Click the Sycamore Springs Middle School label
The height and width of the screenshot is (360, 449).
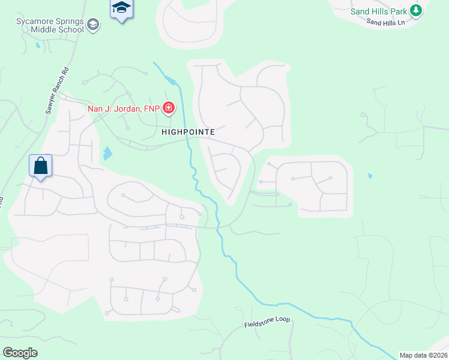(50, 25)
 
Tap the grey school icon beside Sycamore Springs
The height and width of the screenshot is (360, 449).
(93, 25)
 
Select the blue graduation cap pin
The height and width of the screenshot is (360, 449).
(121, 8)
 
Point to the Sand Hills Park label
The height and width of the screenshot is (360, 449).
(379, 10)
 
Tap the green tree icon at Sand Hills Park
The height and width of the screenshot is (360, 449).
(416, 10)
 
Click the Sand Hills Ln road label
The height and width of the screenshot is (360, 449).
(386, 22)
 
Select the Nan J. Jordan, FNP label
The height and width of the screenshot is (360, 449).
(124, 108)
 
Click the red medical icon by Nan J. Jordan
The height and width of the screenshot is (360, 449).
(169, 108)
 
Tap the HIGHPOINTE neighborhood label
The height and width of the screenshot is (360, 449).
(187, 130)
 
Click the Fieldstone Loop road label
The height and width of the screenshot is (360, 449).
(267, 322)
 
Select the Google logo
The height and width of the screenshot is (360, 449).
(20, 353)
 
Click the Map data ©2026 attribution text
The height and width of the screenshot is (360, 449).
(423, 355)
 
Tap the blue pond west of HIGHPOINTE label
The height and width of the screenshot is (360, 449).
(107, 154)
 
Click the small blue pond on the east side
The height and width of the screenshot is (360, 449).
(369, 176)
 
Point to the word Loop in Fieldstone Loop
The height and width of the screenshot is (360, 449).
(282, 320)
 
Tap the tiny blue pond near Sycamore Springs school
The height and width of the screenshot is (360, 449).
(38, 45)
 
